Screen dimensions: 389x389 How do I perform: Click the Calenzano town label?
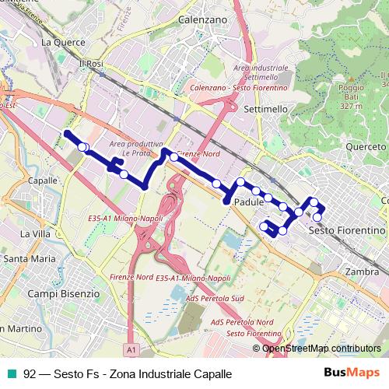pyautogui.click(x=202, y=18)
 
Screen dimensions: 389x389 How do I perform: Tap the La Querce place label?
pyautogui.click(x=61, y=41)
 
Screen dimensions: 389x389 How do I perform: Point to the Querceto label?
pyautogui.click(x=365, y=146)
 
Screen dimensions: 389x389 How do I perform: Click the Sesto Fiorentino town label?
pyautogui.click(x=347, y=231)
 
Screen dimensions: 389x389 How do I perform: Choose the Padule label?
pyautogui.click(x=247, y=202)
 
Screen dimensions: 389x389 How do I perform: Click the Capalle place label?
pyautogui.click(x=42, y=180)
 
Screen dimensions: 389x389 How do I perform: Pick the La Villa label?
pyautogui.click(x=36, y=233)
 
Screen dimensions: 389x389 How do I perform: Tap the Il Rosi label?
pyautogui.click(x=90, y=62)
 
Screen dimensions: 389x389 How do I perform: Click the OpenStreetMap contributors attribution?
pyautogui.click(x=321, y=349)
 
